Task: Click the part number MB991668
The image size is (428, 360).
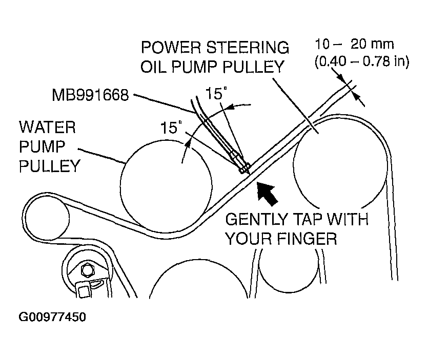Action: click(x=90, y=95)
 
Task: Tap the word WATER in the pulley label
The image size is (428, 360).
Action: click(x=47, y=128)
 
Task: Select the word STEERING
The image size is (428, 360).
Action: click(x=247, y=47)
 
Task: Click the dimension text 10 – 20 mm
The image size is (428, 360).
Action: click(x=354, y=44)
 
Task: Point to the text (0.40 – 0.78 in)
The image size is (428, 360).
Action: click(x=362, y=62)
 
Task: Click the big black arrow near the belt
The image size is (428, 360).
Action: click(x=267, y=193)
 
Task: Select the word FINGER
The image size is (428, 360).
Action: click(x=307, y=239)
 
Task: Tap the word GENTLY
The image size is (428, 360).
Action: click(x=257, y=219)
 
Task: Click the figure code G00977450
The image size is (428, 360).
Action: click(x=52, y=317)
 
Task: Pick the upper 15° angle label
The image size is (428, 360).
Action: click(x=216, y=93)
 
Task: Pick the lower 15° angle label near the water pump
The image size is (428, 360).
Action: click(x=171, y=128)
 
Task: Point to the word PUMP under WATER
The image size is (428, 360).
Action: click(x=42, y=146)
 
